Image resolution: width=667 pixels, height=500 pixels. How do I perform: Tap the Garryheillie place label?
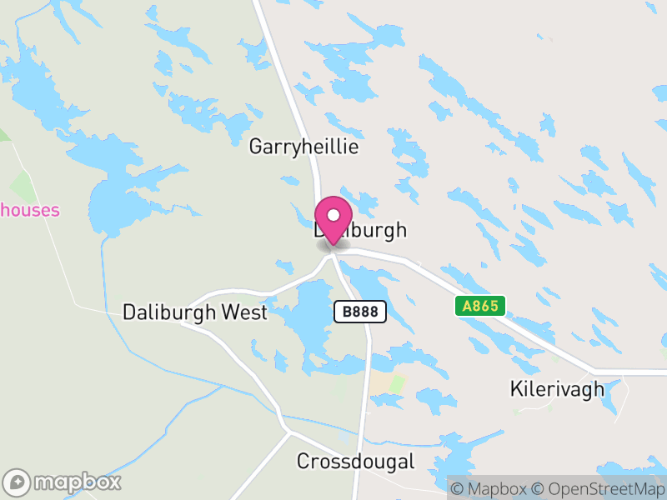(303, 147)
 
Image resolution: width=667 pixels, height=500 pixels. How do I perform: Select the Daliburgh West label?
(195, 312)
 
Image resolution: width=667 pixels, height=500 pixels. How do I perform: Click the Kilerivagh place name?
(556, 388)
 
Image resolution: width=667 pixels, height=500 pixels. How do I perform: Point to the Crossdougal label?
(355, 461)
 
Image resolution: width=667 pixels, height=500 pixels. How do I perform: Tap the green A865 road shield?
(481, 306)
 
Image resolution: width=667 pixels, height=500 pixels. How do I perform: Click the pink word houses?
(30, 209)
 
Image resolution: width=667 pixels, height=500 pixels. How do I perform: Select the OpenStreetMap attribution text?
(599, 488)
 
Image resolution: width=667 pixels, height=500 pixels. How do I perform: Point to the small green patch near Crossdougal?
(396, 384)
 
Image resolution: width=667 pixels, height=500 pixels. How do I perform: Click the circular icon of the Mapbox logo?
(17, 482)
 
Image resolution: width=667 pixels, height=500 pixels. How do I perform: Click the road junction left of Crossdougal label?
(288, 432)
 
